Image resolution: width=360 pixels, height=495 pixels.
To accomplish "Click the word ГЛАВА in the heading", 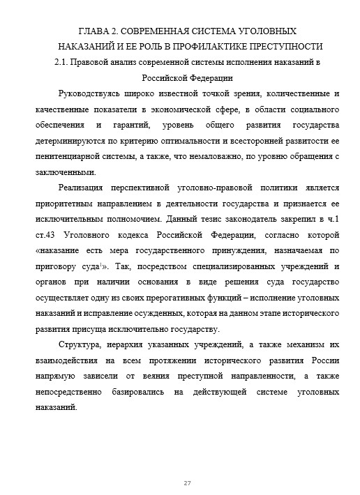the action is [94, 32].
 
